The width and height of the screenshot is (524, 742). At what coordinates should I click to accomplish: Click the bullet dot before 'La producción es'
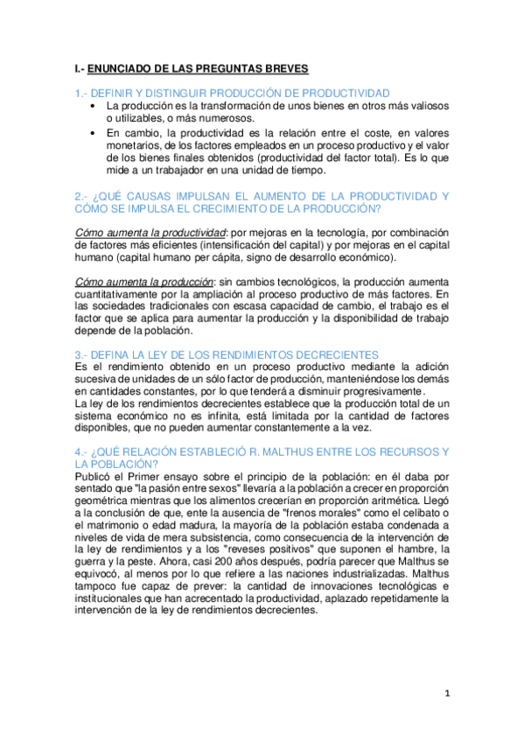pyautogui.click(x=94, y=106)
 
